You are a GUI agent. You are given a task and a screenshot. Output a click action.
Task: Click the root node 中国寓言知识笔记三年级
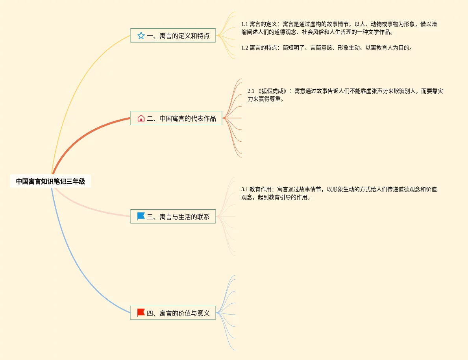click(x=50, y=181)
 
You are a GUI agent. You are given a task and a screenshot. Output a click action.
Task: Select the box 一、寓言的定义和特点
click(x=173, y=36)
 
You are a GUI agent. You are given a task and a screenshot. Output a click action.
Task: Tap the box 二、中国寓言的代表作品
click(x=176, y=118)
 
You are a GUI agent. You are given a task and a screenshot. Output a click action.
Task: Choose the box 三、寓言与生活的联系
click(x=173, y=216)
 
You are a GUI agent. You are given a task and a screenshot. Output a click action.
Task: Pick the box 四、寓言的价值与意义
click(x=173, y=313)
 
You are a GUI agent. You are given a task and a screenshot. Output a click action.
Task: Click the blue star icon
click(x=141, y=36)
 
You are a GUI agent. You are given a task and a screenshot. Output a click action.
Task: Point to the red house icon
click(x=141, y=118)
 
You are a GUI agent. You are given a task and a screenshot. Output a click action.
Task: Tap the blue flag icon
click(x=141, y=216)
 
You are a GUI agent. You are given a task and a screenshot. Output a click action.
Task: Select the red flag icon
click(x=141, y=313)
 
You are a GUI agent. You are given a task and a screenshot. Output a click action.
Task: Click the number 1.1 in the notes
click(x=244, y=24)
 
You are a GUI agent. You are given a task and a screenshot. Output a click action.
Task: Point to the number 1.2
click(x=244, y=48)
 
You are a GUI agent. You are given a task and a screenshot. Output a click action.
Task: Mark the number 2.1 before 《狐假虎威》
click(x=251, y=91)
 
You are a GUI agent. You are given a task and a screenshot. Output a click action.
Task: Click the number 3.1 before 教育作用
click(x=244, y=189)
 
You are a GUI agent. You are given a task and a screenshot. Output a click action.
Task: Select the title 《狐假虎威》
click(x=272, y=91)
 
